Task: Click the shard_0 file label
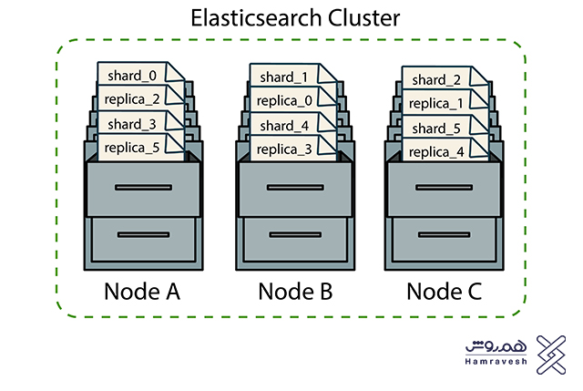click(x=134, y=73)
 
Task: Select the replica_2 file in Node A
click(x=134, y=98)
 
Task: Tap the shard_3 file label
click(x=134, y=122)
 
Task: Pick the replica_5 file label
click(x=134, y=147)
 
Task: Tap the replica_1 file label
click(x=436, y=103)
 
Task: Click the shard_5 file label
click(x=436, y=128)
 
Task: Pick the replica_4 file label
click(x=436, y=152)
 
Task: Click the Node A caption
click(x=144, y=292)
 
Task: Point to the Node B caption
click(x=295, y=292)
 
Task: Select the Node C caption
click(x=444, y=292)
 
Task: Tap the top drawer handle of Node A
click(x=143, y=187)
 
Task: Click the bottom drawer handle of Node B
click(x=294, y=235)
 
